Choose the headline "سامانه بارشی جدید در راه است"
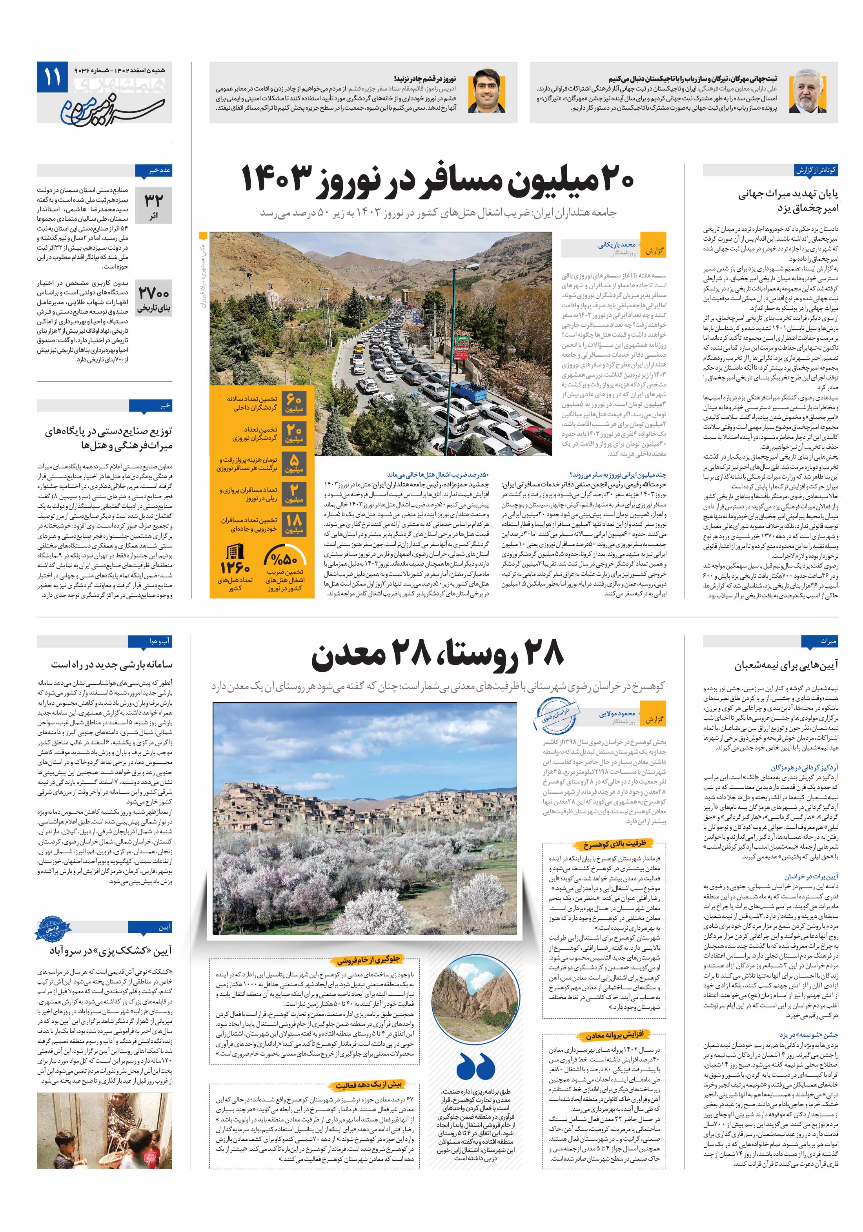pyautogui.click(x=112, y=665)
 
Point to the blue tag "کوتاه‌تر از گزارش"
pyautogui.click(x=816, y=170)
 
